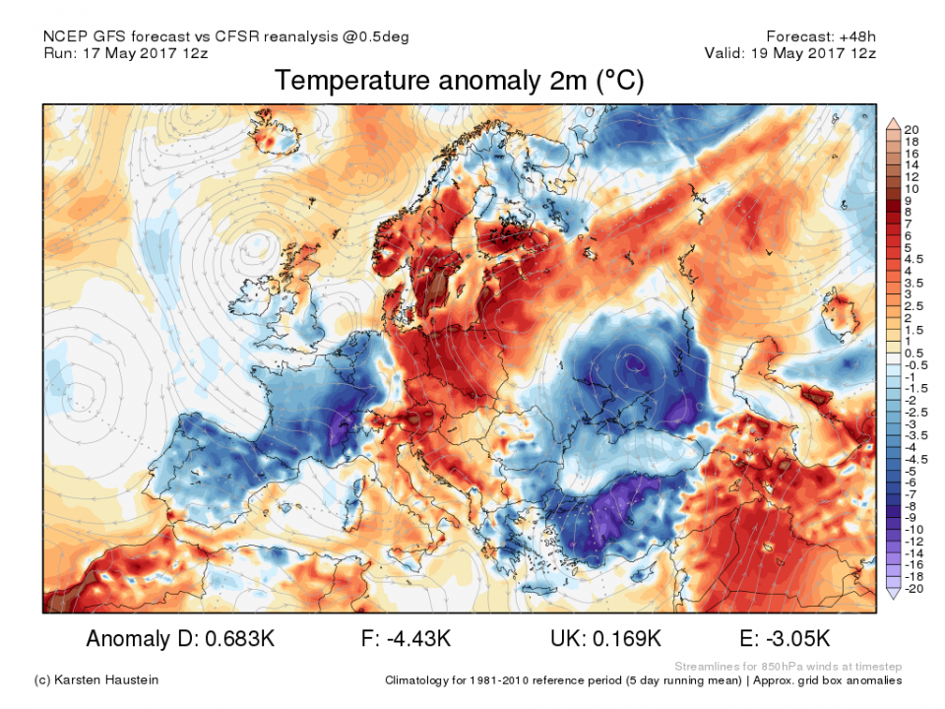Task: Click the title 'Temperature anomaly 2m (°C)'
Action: [x=460, y=81]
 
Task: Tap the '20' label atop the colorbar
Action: [x=912, y=129]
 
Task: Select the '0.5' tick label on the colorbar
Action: [x=912, y=353]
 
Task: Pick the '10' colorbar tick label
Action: [x=912, y=188]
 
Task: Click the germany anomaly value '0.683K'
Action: [x=240, y=639]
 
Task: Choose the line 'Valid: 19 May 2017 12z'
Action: [x=789, y=53]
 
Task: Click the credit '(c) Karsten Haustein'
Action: [x=95, y=680]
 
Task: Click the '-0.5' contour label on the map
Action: [x=637, y=363]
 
